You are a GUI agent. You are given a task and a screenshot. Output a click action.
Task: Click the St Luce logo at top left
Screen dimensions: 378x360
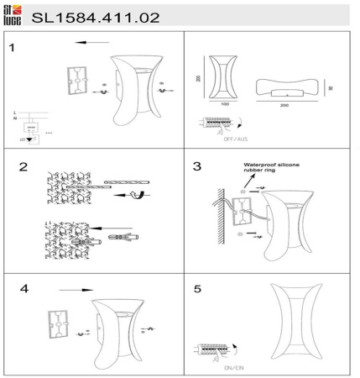tap(12, 13)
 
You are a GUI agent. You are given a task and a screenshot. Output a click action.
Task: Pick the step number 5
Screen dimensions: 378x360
tap(197, 288)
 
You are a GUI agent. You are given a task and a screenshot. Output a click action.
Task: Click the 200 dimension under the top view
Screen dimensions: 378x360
tap(286, 107)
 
